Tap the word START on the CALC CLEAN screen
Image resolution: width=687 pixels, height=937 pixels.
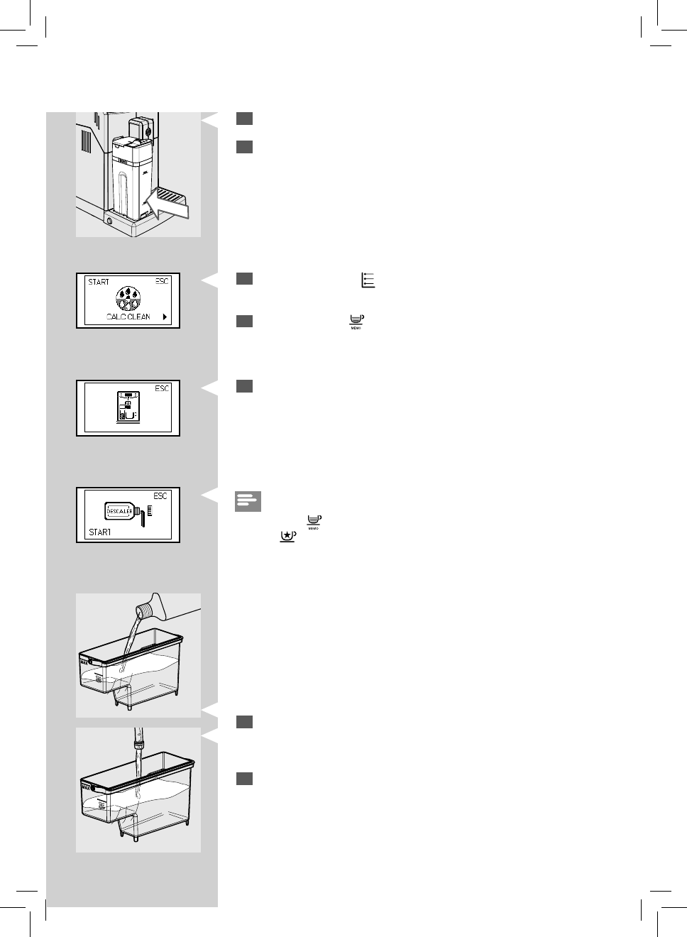99,282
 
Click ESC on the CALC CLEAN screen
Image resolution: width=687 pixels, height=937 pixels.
163,281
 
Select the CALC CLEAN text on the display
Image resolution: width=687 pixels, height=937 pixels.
128,317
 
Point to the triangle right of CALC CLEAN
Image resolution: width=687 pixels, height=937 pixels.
165,317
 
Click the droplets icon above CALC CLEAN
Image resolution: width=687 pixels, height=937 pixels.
128,297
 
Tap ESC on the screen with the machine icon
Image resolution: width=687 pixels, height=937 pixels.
163,388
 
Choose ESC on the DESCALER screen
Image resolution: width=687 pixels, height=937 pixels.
161,495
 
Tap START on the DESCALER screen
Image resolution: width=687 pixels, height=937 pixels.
100,532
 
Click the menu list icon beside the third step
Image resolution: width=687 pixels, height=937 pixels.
368,280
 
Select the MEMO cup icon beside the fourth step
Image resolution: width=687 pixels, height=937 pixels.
356,322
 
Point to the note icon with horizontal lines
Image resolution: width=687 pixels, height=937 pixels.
248,501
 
